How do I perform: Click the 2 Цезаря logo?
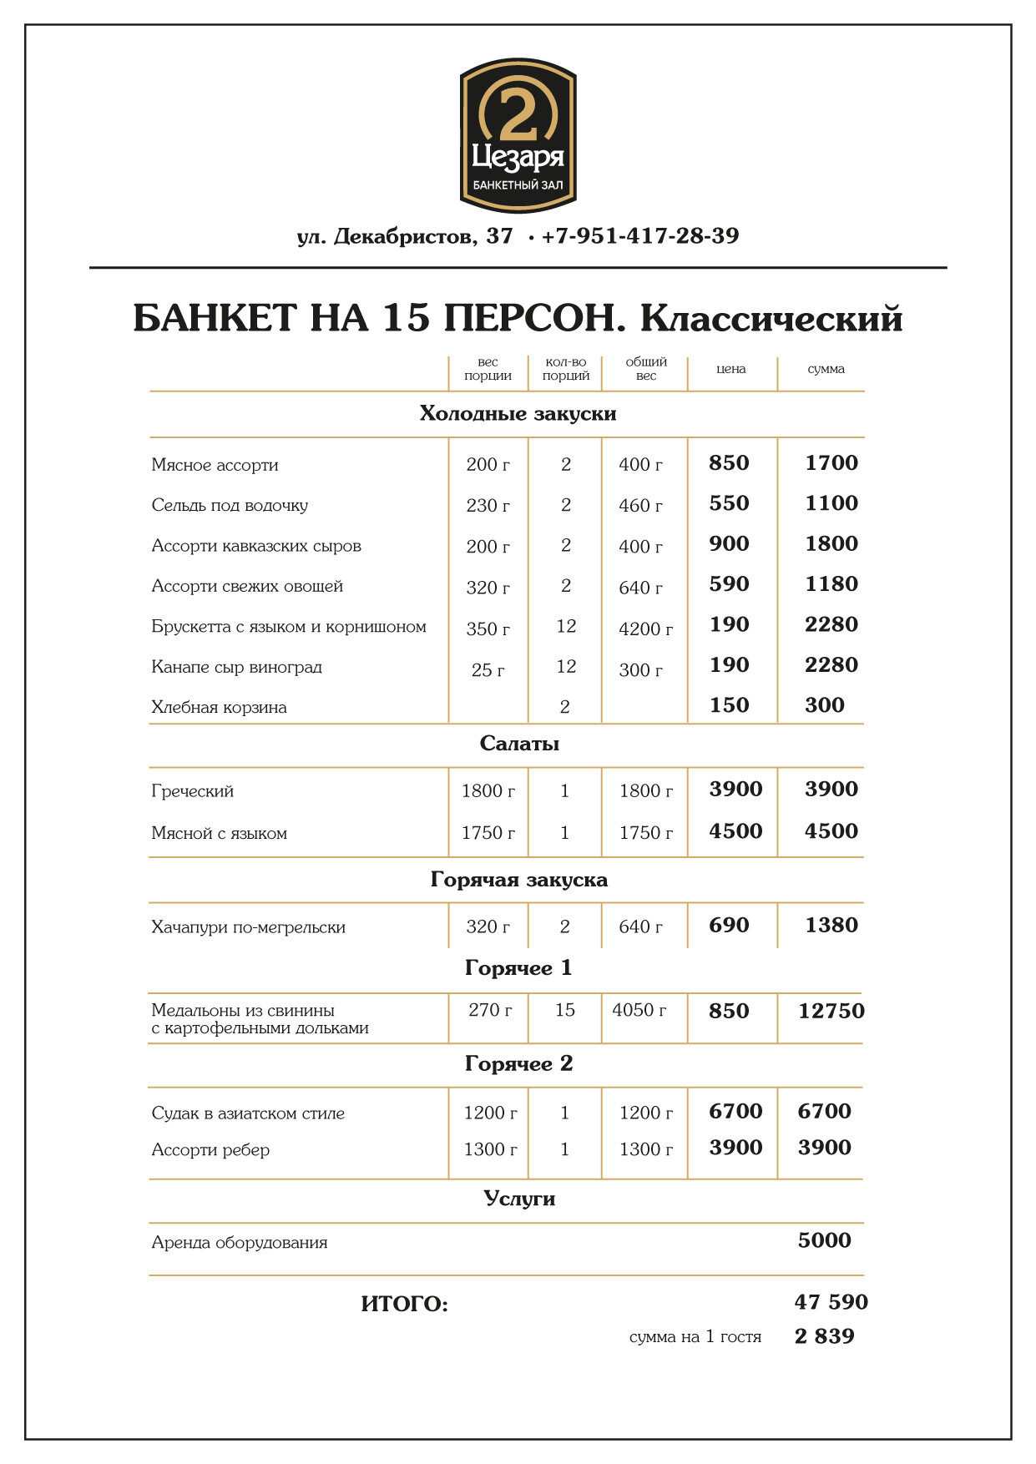pyautogui.click(x=518, y=135)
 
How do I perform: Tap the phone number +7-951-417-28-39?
pyautogui.click(x=639, y=236)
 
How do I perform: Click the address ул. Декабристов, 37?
pyautogui.click(x=405, y=236)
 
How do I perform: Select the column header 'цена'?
pyautogui.click(x=731, y=369)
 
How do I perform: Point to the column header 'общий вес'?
pyautogui.click(x=646, y=369)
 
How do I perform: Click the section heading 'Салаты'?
pyautogui.click(x=519, y=744)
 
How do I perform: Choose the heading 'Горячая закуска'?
pyautogui.click(x=519, y=880)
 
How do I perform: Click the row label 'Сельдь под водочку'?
pyautogui.click(x=230, y=505)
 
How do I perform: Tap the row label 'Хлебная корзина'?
pyautogui.click(x=219, y=707)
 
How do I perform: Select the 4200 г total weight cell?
pyautogui.click(x=645, y=629)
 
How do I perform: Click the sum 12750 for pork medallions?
pyautogui.click(x=831, y=1011)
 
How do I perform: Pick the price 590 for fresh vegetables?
pyautogui.click(x=729, y=584)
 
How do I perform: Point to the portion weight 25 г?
pyautogui.click(x=488, y=669)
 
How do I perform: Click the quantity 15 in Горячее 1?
pyautogui.click(x=565, y=1010)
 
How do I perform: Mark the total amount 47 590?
pyautogui.click(x=831, y=1302)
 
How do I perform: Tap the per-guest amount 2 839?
pyautogui.click(x=824, y=1336)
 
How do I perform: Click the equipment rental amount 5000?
pyautogui.click(x=824, y=1240)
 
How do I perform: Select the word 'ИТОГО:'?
pyautogui.click(x=404, y=1304)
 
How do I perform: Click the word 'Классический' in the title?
pyautogui.click(x=771, y=319)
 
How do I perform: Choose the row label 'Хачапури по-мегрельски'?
pyautogui.click(x=248, y=926)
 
